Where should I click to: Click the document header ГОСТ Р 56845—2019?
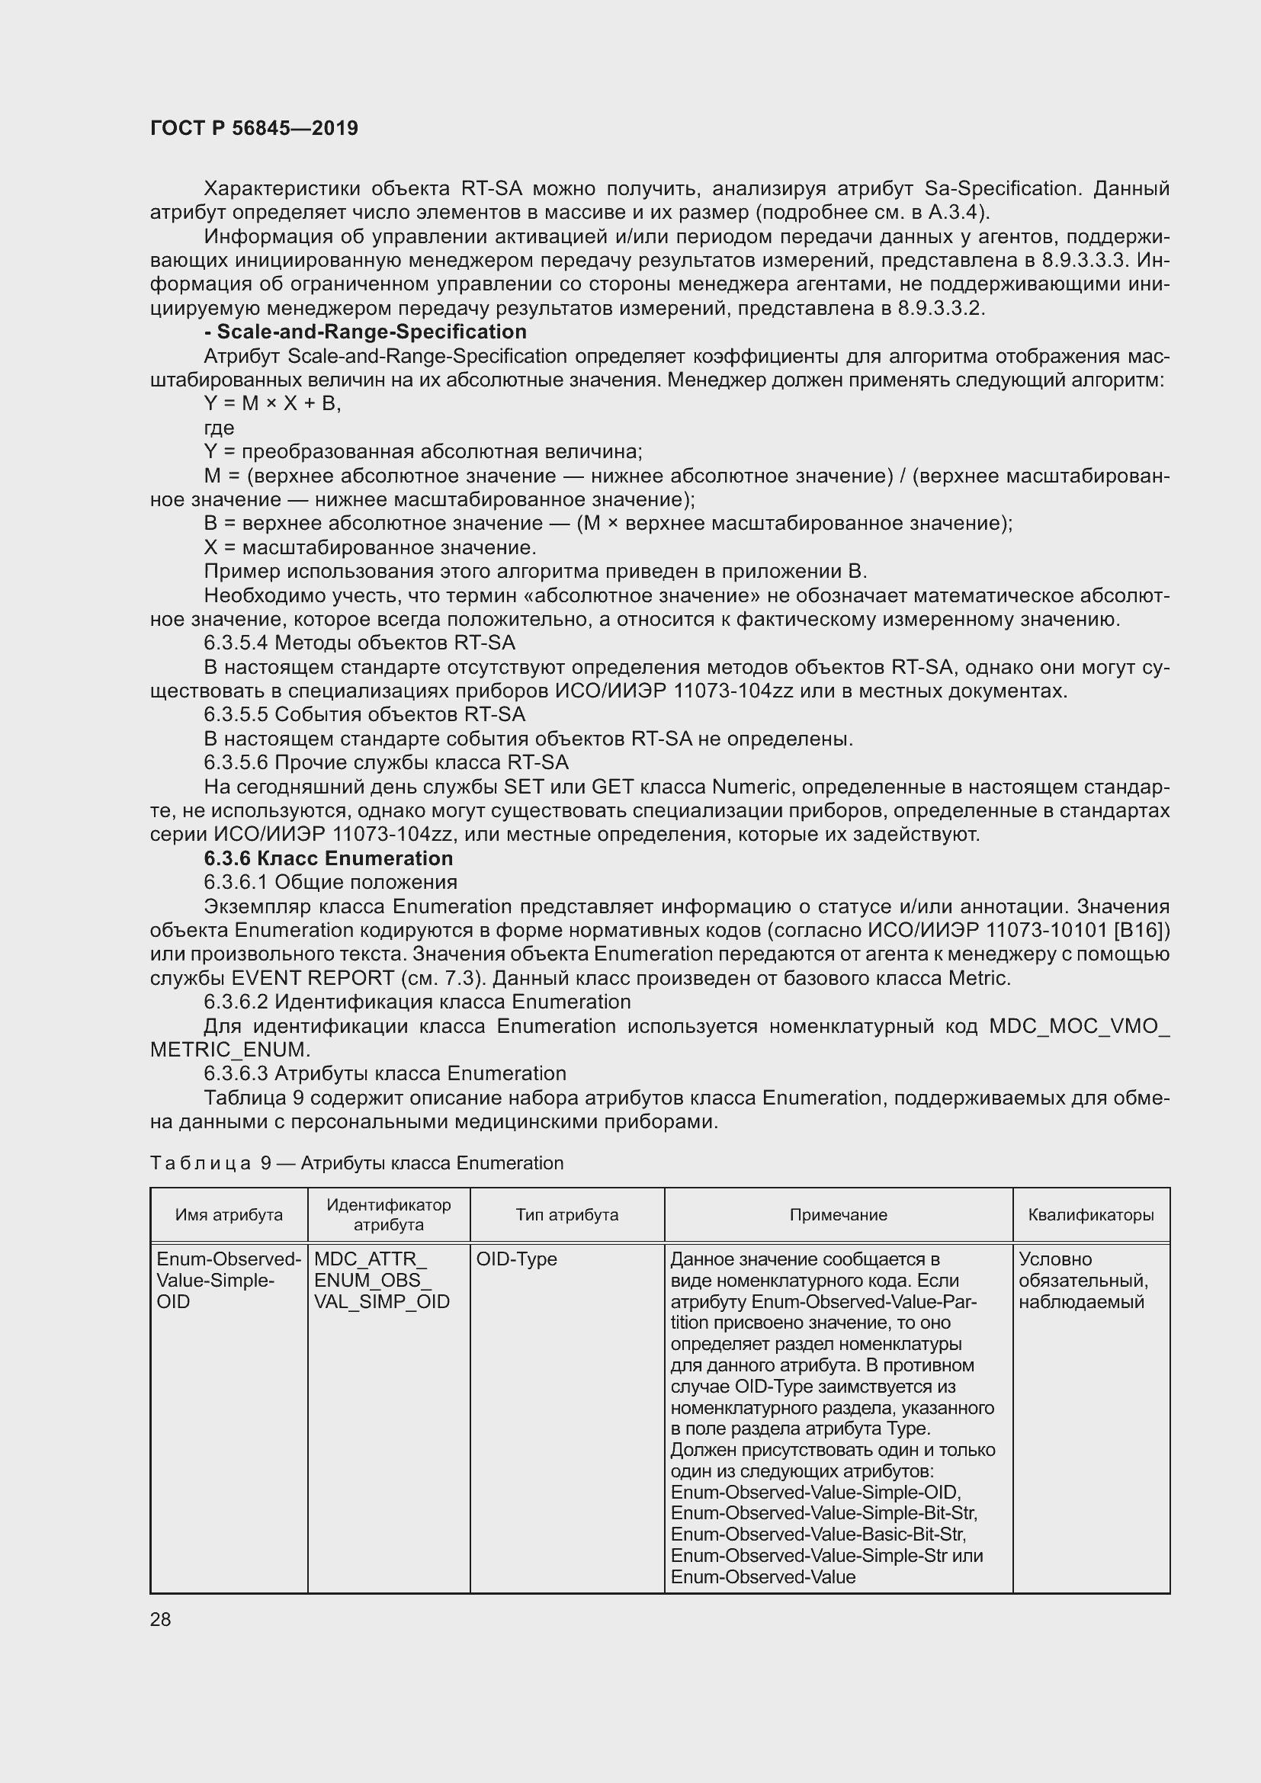tap(254, 128)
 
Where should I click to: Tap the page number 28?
tap(160, 1619)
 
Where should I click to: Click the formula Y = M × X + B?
tap(271, 403)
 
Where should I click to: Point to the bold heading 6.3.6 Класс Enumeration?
tap(328, 858)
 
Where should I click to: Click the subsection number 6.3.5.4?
tap(236, 643)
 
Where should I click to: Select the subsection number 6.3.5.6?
tap(236, 762)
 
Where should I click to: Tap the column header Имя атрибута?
tap(229, 1214)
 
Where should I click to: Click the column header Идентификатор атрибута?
tap(388, 1214)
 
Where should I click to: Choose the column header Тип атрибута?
tap(566, 1214)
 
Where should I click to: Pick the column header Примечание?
tap(838, 1214)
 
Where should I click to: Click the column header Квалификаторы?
tap(1090, 1214)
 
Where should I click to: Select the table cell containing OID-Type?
tap(516, 1259)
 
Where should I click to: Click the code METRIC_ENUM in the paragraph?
tap(229, 1050)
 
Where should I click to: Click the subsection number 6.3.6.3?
tap(236, 1073)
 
